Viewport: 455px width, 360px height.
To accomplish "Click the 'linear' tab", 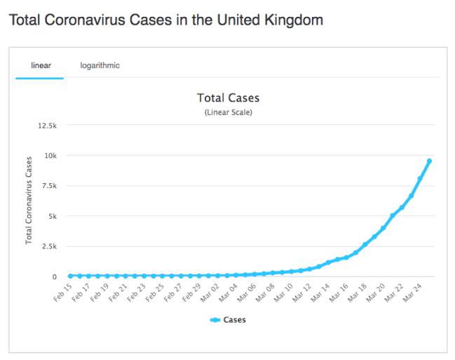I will [41, 66].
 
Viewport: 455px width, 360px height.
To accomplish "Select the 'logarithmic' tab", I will [100, 66].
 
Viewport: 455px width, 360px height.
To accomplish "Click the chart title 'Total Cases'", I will [228, 98].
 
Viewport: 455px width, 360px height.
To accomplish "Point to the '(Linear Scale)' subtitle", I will [228, 112].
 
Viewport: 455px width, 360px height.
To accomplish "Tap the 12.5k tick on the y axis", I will [48, 126].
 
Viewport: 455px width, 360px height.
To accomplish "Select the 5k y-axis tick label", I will [53, 216].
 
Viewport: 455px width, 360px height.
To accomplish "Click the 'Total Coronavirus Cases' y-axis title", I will [29, 201].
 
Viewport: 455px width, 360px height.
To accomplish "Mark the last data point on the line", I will [429, 161].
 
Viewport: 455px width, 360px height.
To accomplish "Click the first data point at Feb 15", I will [70, 276].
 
